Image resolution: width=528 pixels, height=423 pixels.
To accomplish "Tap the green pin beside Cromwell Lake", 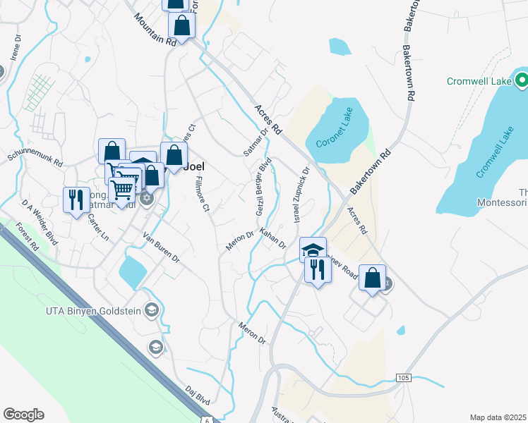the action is tap(522, 81).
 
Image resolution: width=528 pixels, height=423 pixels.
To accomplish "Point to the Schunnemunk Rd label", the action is tap(35, 157).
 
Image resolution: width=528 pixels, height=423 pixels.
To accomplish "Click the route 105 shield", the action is tap(403, 378).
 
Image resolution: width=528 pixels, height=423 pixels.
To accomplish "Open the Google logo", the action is tap(23, 415).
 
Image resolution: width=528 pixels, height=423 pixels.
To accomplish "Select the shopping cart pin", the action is tap(123, 189).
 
